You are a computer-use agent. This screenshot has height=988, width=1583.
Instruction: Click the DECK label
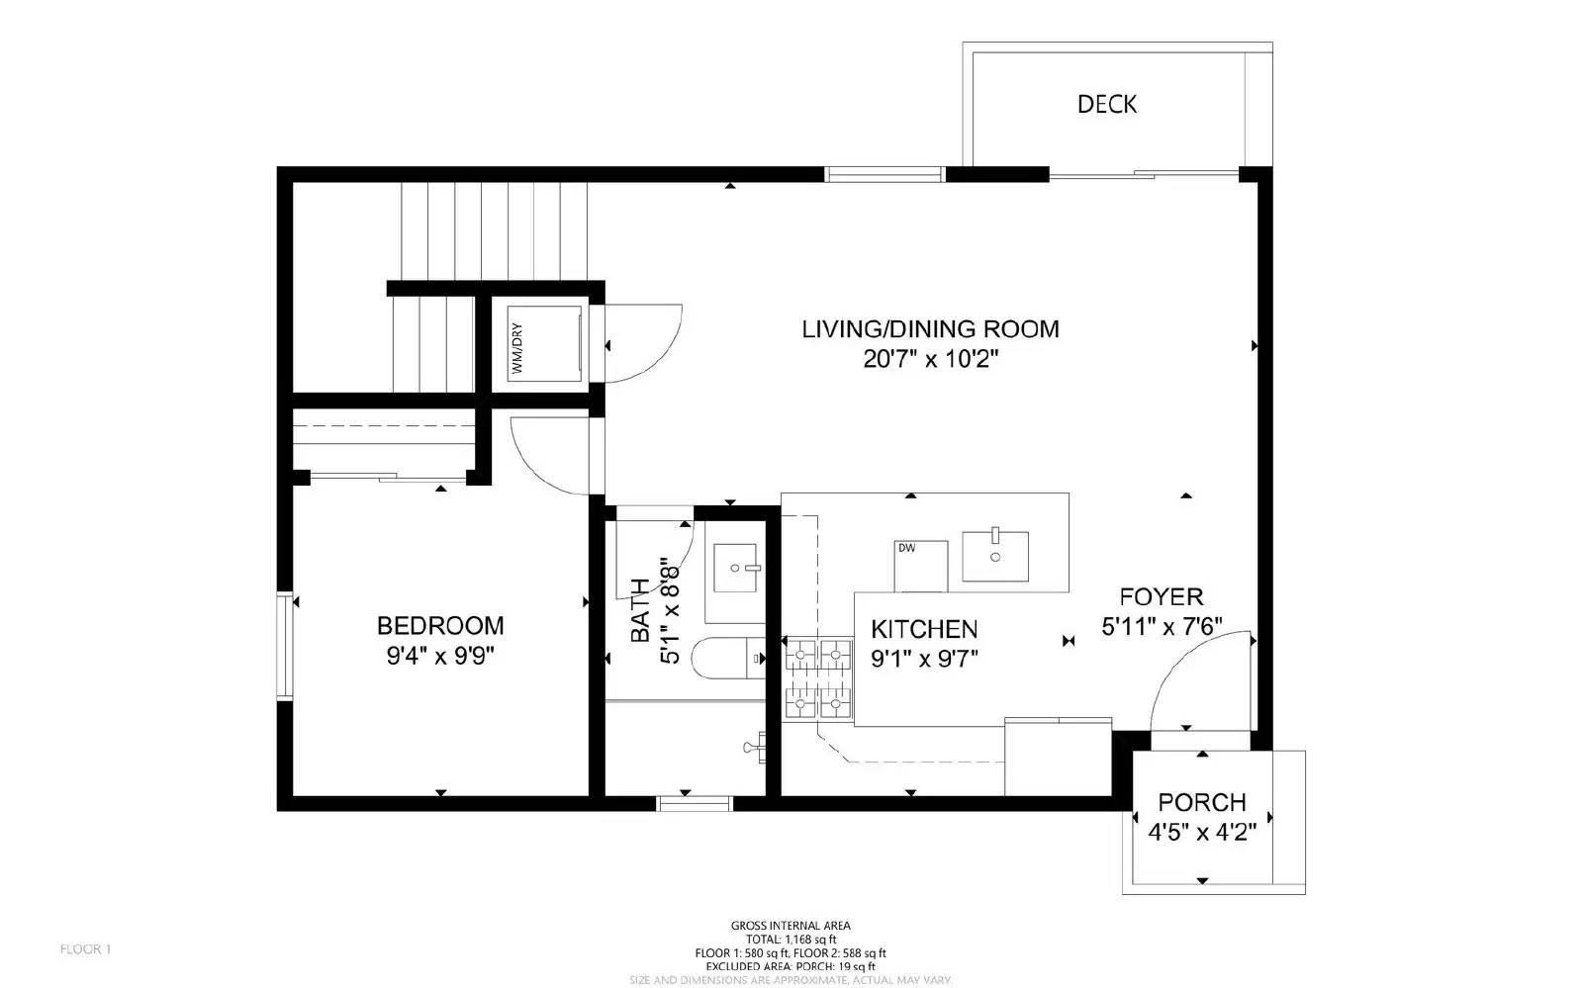1106,104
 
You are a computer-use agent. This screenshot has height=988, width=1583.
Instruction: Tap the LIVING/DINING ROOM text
930,328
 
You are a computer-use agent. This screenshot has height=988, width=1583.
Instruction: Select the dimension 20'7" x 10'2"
930,360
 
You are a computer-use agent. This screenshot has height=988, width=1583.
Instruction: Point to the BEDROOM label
440,625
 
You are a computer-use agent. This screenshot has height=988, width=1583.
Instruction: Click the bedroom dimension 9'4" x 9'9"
440,656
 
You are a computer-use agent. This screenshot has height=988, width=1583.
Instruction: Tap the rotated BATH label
640,610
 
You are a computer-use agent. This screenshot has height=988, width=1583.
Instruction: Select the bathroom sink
735,568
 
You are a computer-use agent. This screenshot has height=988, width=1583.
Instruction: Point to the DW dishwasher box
920,566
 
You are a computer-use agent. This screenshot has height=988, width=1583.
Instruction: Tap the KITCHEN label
924,629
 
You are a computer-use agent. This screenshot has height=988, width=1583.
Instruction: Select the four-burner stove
818,678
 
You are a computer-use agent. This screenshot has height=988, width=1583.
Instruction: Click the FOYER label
1162,596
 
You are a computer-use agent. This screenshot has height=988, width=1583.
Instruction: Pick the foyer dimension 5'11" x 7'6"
1162,626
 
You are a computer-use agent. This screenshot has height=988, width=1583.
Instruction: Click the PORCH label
1202,802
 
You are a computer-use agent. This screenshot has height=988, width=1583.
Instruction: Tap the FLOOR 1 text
86,949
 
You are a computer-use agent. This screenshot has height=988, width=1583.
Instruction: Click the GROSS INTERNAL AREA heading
790,926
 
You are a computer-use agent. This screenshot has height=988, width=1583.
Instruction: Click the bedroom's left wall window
285,646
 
